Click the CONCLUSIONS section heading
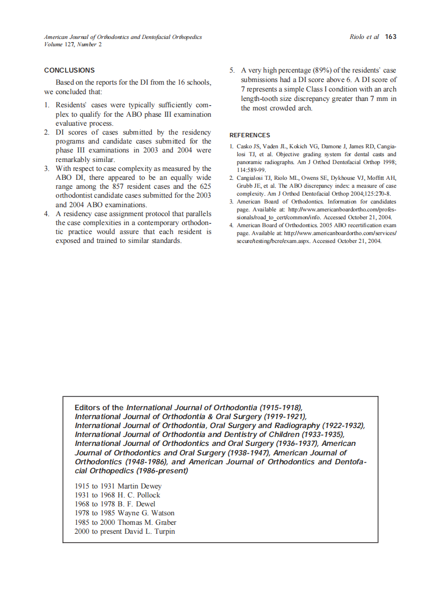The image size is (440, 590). click(69, 70)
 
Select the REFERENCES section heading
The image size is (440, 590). click(250, 135)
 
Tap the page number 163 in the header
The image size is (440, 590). click(391, 37)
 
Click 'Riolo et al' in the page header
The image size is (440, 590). click(364, 37)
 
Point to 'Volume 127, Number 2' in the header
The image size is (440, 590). click(73, 44)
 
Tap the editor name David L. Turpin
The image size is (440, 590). click(150, 531)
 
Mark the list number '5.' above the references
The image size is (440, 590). click(231, 70)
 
